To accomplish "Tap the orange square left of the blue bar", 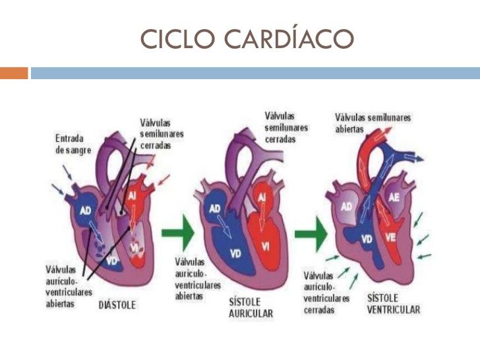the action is [14, 73].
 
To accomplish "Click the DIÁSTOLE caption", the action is [117, 305].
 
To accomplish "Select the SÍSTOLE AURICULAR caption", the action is [251, 308].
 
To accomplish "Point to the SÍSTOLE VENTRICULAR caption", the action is [394, 304].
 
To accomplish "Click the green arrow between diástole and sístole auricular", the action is [178, 233].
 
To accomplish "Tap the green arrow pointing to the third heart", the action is [311, 234].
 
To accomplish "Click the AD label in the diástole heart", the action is [86, 210].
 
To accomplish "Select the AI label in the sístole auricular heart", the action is [262, 198].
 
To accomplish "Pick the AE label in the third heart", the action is [394, 197].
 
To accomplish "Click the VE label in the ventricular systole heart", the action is [391, 237].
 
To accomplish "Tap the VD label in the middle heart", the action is [236, 253].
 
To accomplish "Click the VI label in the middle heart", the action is [266, 246].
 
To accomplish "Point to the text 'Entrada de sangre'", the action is [73, 144].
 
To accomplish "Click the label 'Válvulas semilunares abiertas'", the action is [373, 123].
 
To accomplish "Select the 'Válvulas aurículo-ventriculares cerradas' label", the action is [326, 293].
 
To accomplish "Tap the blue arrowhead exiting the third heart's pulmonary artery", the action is [419, 158].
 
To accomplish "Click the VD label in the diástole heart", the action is [112, 261].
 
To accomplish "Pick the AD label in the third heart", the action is [347, 207].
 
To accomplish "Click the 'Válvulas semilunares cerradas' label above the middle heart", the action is [286, 128].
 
